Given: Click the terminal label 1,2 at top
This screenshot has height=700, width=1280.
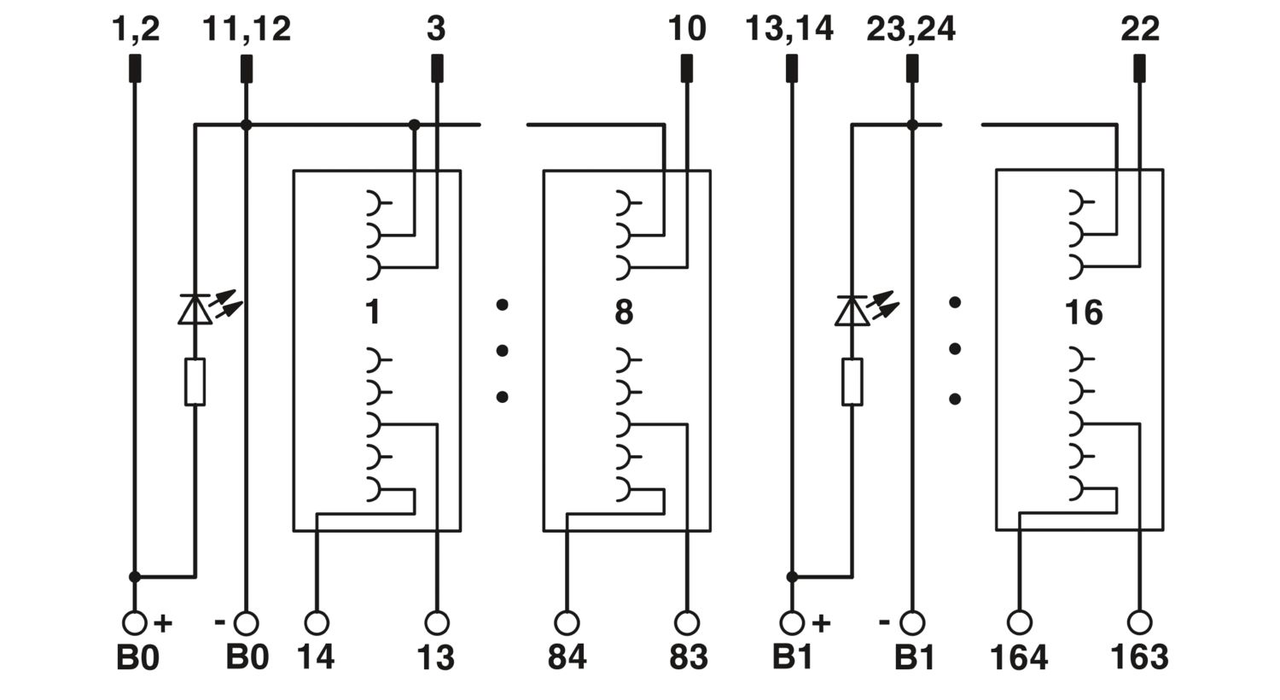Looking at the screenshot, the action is pos(136,29).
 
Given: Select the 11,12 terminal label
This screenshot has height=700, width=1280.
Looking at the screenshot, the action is pos(247,29).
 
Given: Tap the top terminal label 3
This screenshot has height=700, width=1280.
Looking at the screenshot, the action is pos(436,28).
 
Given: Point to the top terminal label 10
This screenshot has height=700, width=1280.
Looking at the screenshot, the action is pos(687,28).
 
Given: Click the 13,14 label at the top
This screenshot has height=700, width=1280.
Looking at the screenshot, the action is pos(789,29).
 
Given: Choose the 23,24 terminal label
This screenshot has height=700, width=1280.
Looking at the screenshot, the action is pos(911,29).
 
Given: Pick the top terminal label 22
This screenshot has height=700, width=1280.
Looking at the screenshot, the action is pos(1140,28).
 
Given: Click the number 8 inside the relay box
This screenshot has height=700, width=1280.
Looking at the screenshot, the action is pos(624,312).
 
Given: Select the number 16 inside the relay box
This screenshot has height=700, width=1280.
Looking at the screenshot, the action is pos(1084,312).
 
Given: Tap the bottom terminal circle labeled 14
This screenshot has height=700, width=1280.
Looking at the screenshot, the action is pos(317,623).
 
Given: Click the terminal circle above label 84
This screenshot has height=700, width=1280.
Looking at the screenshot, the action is pos(567,623).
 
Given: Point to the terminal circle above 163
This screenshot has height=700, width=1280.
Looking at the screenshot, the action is pos(1139,623).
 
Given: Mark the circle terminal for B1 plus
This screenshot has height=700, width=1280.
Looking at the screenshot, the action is pos(792,623).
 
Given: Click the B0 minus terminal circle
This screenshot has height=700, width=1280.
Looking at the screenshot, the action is pos(247,623).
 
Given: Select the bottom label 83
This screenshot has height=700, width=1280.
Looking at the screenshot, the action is pos(689,657).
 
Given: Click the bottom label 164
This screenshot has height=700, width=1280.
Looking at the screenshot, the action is pos(1020,657).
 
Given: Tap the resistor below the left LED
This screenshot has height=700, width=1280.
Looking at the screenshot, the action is pos(195,382).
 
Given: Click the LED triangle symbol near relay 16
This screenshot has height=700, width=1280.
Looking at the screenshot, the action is pos(852,311).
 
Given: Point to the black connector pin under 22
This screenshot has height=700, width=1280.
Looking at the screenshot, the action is pos(1139,68).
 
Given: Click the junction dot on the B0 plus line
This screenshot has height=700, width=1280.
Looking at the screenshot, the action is pos(135,577).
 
